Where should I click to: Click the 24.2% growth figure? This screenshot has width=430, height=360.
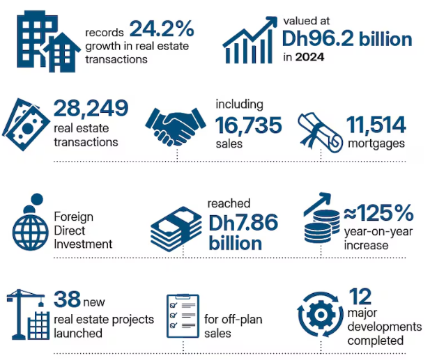click(161, 30)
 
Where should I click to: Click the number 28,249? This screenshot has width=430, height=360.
click(91, 108)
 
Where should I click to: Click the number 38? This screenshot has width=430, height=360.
click(67, 299)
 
